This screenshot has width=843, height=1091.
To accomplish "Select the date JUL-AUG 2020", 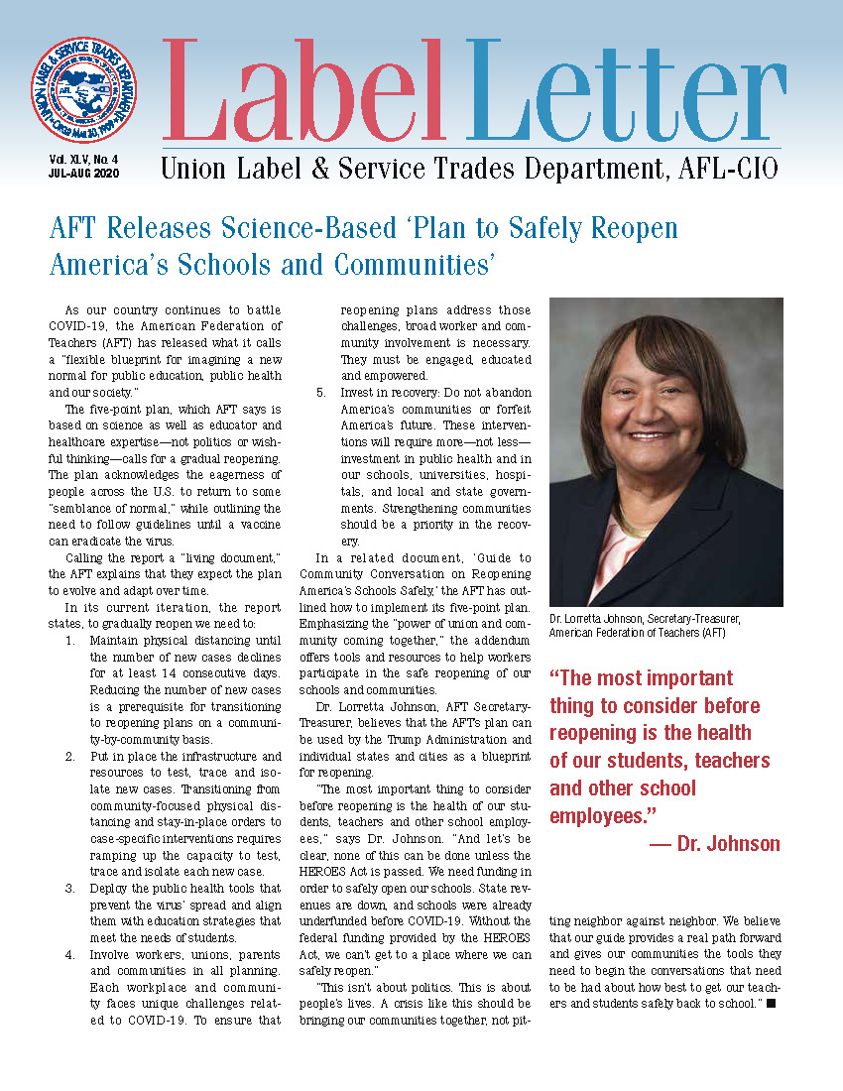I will click(82, 173).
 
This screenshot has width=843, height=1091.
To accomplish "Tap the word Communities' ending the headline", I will click(412, 266).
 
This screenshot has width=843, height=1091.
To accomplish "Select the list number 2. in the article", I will click(70, 757).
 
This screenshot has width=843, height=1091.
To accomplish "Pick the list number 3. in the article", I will click(70, 888).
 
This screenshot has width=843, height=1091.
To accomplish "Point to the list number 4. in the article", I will click(70, 956).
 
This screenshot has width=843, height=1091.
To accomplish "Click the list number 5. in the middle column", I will click(321, 393).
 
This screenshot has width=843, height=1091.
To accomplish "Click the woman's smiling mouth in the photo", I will click(651, 435).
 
